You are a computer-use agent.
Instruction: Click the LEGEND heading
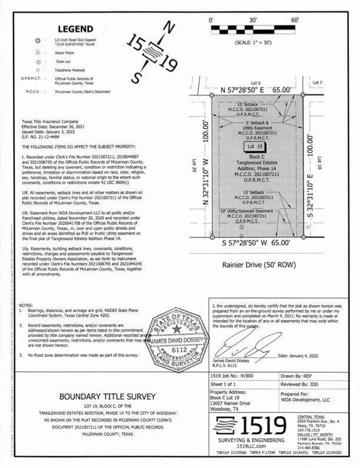[x=75, y=29]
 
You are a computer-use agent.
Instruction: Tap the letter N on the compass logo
[x=169, y=27]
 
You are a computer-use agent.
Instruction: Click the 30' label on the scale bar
[x=253, y=21]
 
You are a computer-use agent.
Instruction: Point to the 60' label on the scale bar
[x=295, y=21]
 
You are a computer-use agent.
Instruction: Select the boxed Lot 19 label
[x=252, y=146]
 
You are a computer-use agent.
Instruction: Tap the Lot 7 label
[x=318, y=83]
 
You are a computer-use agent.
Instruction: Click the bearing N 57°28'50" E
[x=256, y=91]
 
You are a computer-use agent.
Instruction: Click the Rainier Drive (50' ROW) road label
[x=254, y=264]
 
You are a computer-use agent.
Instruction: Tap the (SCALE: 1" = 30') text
[x=253, y=43]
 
